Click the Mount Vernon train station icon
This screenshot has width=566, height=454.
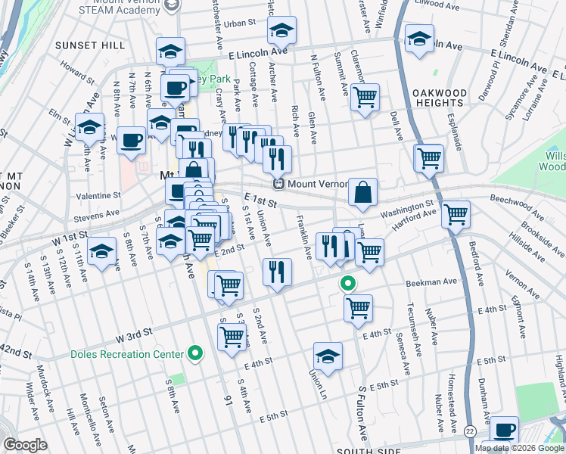[278, 184]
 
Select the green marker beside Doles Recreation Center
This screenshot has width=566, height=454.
[195, 353]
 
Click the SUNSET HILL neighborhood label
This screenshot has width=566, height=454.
[90, 45]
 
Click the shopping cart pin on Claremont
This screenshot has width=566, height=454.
[365, 97]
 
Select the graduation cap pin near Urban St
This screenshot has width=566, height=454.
[282, 31]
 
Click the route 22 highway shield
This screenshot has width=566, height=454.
[470, 430]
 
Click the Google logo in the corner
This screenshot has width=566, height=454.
[25, 444]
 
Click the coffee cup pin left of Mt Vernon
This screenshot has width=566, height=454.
[131, 140]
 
